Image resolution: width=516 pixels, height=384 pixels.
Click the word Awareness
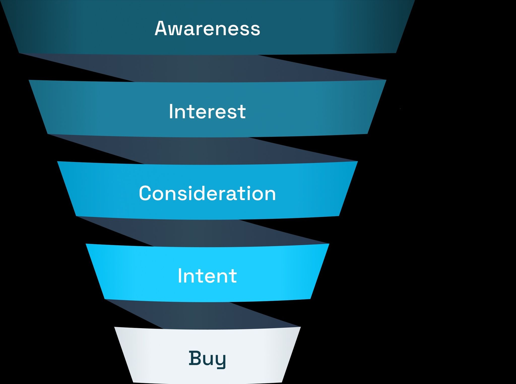207,28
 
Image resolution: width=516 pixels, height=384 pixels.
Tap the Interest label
207,111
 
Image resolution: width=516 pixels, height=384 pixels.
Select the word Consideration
207,193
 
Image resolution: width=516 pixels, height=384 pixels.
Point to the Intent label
207,276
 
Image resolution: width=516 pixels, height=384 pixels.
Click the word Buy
207,359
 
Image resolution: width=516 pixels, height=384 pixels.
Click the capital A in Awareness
162,28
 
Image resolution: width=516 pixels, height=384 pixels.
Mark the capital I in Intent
180,276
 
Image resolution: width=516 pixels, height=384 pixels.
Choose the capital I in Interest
171,111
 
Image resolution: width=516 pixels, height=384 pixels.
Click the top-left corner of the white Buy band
114,327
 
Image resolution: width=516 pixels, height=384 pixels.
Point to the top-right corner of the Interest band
386,80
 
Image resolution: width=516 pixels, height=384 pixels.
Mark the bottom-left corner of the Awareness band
19,53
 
